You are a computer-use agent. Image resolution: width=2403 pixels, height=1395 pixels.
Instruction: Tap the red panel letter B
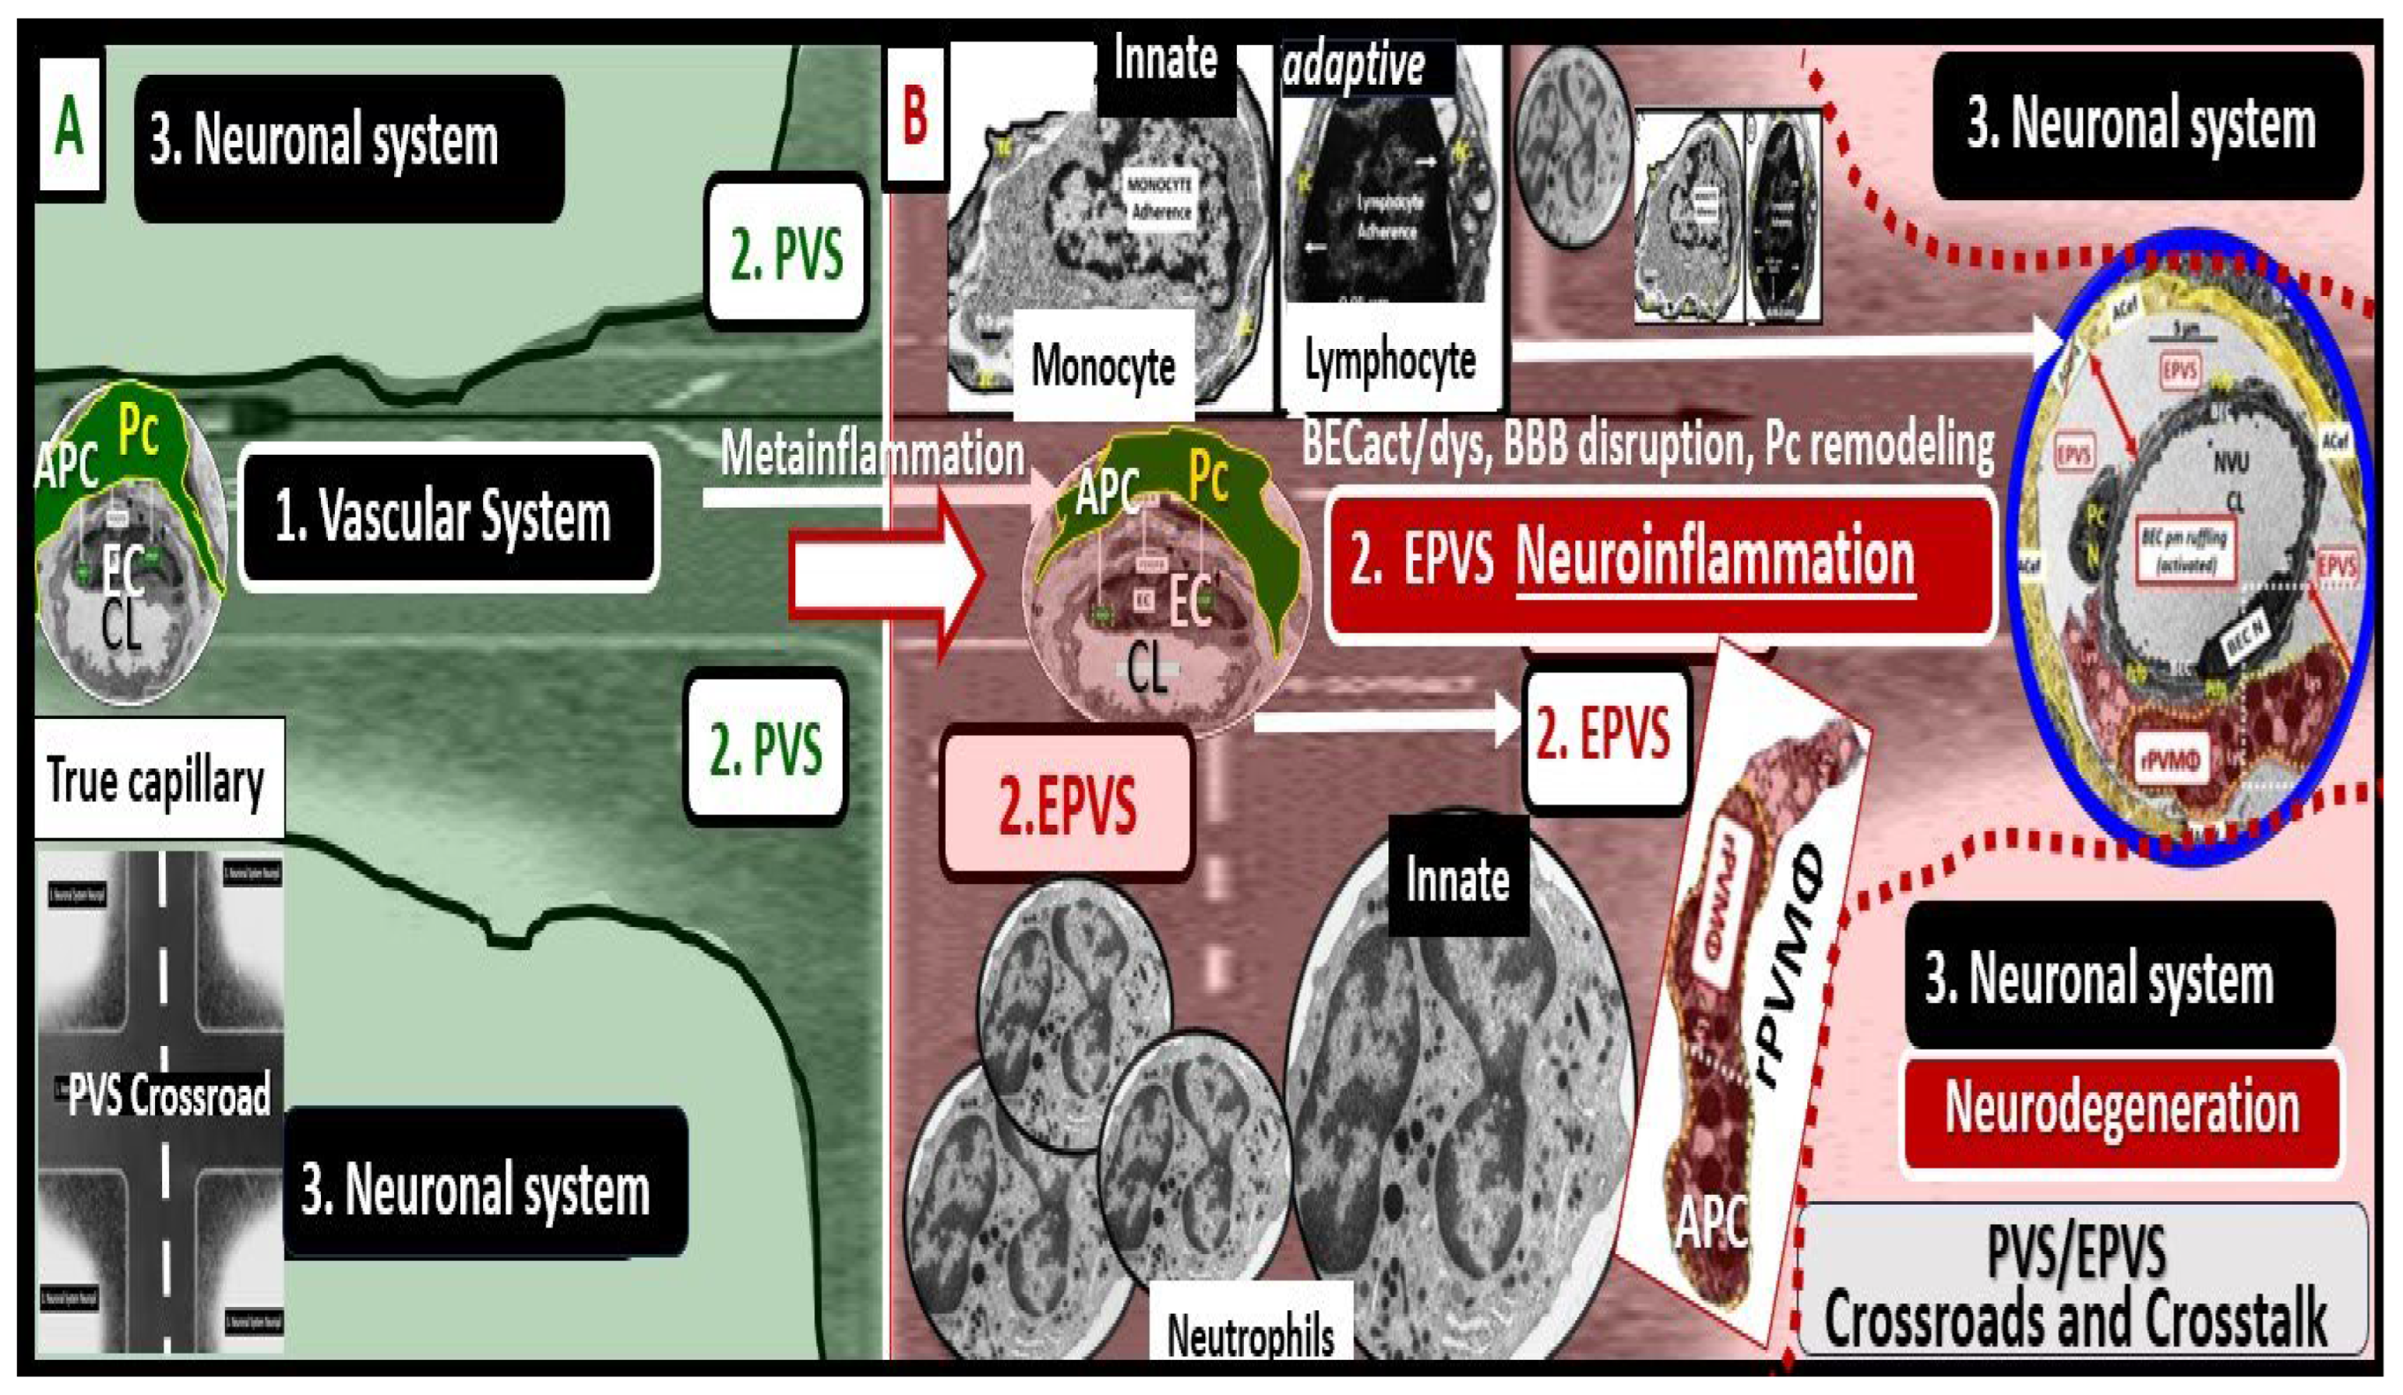click(913, 115)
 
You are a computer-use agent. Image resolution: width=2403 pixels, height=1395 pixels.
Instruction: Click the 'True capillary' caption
click(156, 780)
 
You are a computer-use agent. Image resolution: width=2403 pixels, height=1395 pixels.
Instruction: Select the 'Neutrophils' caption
click(1250, 1335)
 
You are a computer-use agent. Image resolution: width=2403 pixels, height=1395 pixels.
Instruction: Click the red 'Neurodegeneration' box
click(2122, 1109)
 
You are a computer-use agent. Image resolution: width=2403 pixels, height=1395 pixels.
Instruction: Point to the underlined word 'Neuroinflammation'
click(1715, 558)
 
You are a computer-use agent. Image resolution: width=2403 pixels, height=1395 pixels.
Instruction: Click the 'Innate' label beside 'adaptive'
click(1165, 59)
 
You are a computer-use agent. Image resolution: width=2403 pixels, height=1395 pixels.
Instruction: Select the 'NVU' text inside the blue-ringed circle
click(2230, 463)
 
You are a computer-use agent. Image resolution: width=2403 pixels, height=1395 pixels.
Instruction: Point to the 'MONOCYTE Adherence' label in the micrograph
click(1159, 197)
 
